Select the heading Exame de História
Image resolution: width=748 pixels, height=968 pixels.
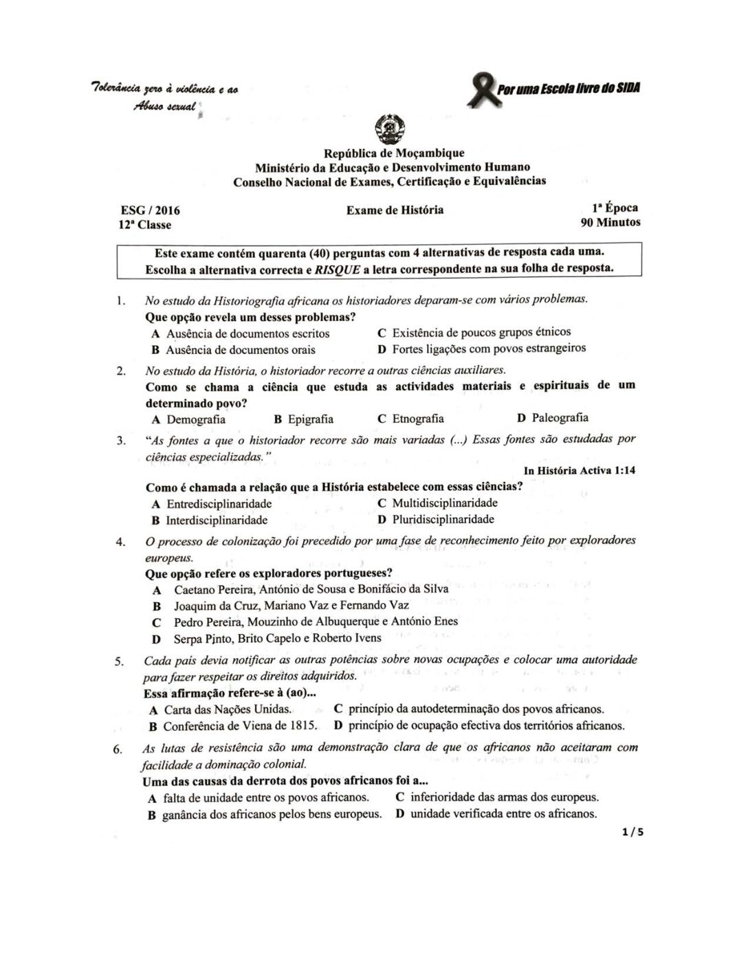(395, 210)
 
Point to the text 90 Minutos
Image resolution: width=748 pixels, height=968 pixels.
(610, 222)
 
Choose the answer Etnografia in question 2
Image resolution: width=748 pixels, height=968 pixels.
(417, 419)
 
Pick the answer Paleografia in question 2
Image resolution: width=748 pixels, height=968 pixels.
(560, 417)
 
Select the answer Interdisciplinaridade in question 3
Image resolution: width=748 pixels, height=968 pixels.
(217, 520)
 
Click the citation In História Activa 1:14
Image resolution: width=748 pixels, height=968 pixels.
(579, 471)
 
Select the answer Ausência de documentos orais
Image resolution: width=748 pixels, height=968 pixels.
(241, 349)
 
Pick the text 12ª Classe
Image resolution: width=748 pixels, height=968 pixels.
(144, 225)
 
